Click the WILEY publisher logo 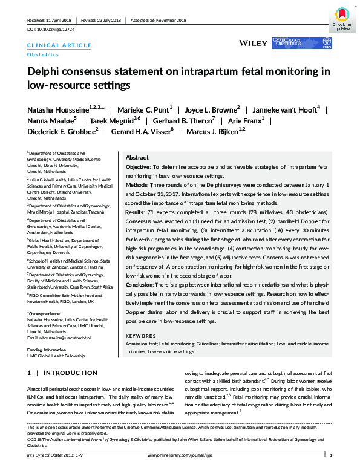[x=254, y=43]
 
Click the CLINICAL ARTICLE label [x=59, y=45]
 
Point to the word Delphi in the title [x=45, y=71]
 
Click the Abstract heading [x=137, y=156]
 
